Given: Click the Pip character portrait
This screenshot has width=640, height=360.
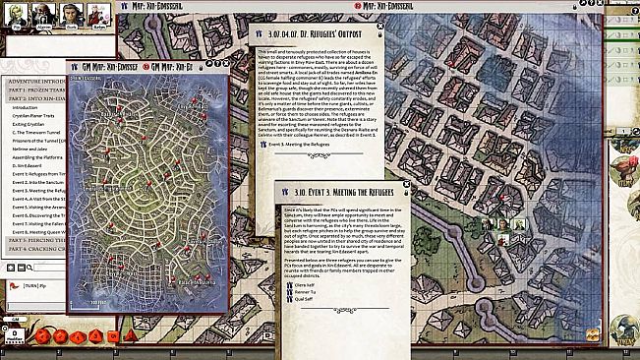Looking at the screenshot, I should [x=18, y=14].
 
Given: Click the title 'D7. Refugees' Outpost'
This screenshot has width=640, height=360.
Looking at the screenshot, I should [x=311, y=36].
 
